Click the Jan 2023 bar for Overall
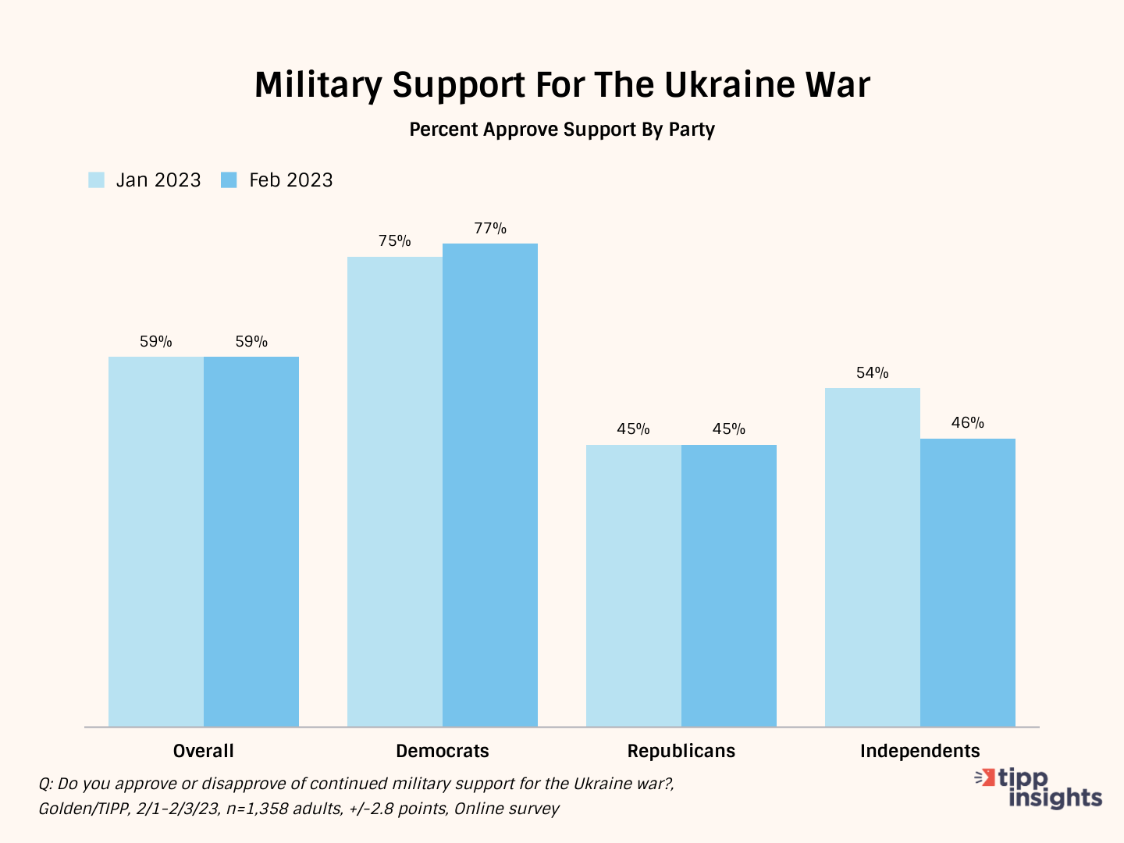click(x=156, y=542)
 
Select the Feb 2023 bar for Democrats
click(x=490, y=485)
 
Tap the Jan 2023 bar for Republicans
click(x=634, y=585)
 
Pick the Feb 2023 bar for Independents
click(x=968, y=582)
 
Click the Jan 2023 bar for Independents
click(x=873, y=557)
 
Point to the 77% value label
click(x=490, y=229)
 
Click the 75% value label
click(x=395, y=241)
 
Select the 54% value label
click(x=873, y=373)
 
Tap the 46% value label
click(x=968, y=423)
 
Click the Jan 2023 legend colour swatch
click(x=97, y=180)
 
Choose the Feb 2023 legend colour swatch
click(x=229, y=180)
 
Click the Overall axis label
click(x=204, y=751)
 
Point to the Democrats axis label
click(x=443, y=751)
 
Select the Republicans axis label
click(x=681, y=751)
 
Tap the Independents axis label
click(x=920, y=751)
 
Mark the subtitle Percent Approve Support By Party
click(x=562, y=130)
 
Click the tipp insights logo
click(x=1039, y=788)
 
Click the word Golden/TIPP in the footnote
click(x=84, y=809)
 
